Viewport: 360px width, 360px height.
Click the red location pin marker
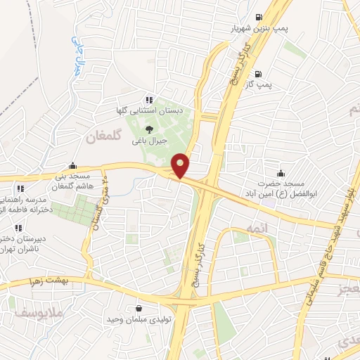[181, 166]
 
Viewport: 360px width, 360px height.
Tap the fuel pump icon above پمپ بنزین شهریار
[259, 17]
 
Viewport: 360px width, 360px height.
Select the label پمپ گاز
[258, 84]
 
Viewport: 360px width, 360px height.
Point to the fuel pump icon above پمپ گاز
[259, 73]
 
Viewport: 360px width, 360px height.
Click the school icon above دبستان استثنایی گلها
[148, 100]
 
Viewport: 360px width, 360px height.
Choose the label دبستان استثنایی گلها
[148, 111]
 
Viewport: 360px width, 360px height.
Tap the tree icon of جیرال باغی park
[149, 129]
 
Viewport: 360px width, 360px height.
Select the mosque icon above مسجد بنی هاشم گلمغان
[74, 165]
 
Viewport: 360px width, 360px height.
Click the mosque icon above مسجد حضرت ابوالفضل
[281, 172]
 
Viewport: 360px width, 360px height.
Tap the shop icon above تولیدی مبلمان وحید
[138, 309]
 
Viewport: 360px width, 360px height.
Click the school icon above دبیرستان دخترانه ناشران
[19, 227]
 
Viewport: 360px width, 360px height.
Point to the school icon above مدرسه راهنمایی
[19, 188]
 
